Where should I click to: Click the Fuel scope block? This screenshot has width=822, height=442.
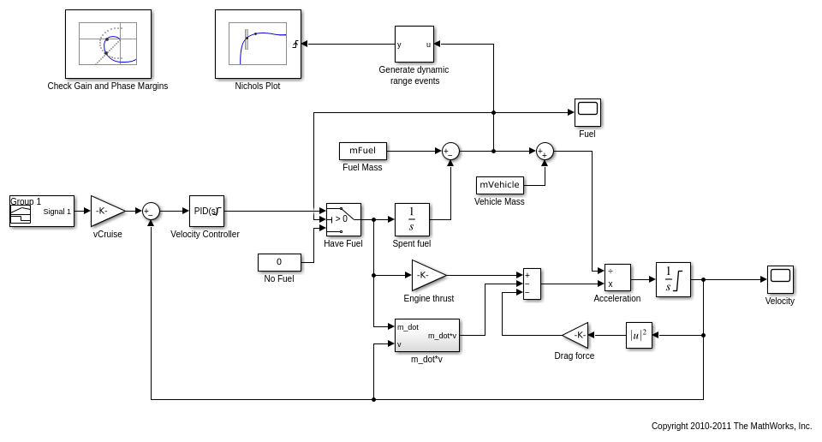tap(587, 112)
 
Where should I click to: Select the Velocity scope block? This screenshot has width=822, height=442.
tap(780, 279)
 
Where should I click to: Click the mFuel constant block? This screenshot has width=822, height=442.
tap(363, 151)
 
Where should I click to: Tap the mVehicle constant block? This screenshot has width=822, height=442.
tap(499, 185)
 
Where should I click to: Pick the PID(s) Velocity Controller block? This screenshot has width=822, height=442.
tap(206, 211)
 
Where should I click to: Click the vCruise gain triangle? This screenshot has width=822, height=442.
tap(106, 211)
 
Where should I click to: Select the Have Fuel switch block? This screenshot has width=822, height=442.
tap(343, 219)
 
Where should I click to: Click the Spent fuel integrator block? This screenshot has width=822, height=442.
tap(412, 219)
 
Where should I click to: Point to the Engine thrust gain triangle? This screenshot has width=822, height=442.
tap(427, 275)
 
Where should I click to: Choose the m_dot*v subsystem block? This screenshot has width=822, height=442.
tap(427, 335)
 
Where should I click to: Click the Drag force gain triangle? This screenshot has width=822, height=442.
tap(577, 335)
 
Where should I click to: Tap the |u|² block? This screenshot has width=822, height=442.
tap(639, 335)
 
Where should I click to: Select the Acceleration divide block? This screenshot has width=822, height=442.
tap(617, 278)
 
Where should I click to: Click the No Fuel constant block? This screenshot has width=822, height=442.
tap(279, 262)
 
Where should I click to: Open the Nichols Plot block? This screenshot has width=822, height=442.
tap(258, 44)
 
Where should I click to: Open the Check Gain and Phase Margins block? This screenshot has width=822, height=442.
tap(108, 44)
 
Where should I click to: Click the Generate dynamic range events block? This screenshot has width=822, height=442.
tap(414, 44)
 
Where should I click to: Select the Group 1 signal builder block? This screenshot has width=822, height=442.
tap(41, 211)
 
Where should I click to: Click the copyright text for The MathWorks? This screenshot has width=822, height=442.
tap(731, 426)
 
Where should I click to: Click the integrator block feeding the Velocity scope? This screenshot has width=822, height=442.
tap(673, 279)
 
